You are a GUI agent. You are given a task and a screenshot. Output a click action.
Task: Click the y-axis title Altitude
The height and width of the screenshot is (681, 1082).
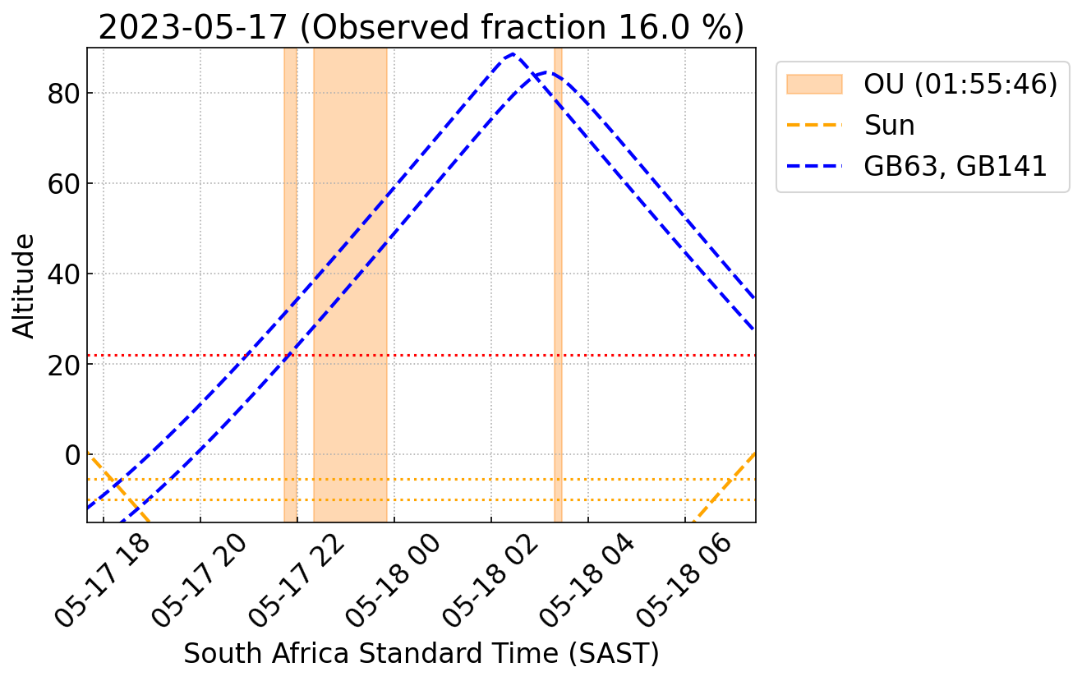[25, 285]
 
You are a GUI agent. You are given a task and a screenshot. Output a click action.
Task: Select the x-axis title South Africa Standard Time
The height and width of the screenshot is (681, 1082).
[421, 653]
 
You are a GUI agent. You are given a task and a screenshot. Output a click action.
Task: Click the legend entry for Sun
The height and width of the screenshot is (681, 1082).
[889, 126]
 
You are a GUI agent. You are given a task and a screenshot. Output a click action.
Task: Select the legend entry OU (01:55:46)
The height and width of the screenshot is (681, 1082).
[960, 85]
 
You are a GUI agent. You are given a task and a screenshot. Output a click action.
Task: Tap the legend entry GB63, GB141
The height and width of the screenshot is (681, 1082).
[955, 167]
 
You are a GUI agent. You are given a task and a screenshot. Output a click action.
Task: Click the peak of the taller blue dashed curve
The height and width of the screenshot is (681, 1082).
[513, 55]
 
